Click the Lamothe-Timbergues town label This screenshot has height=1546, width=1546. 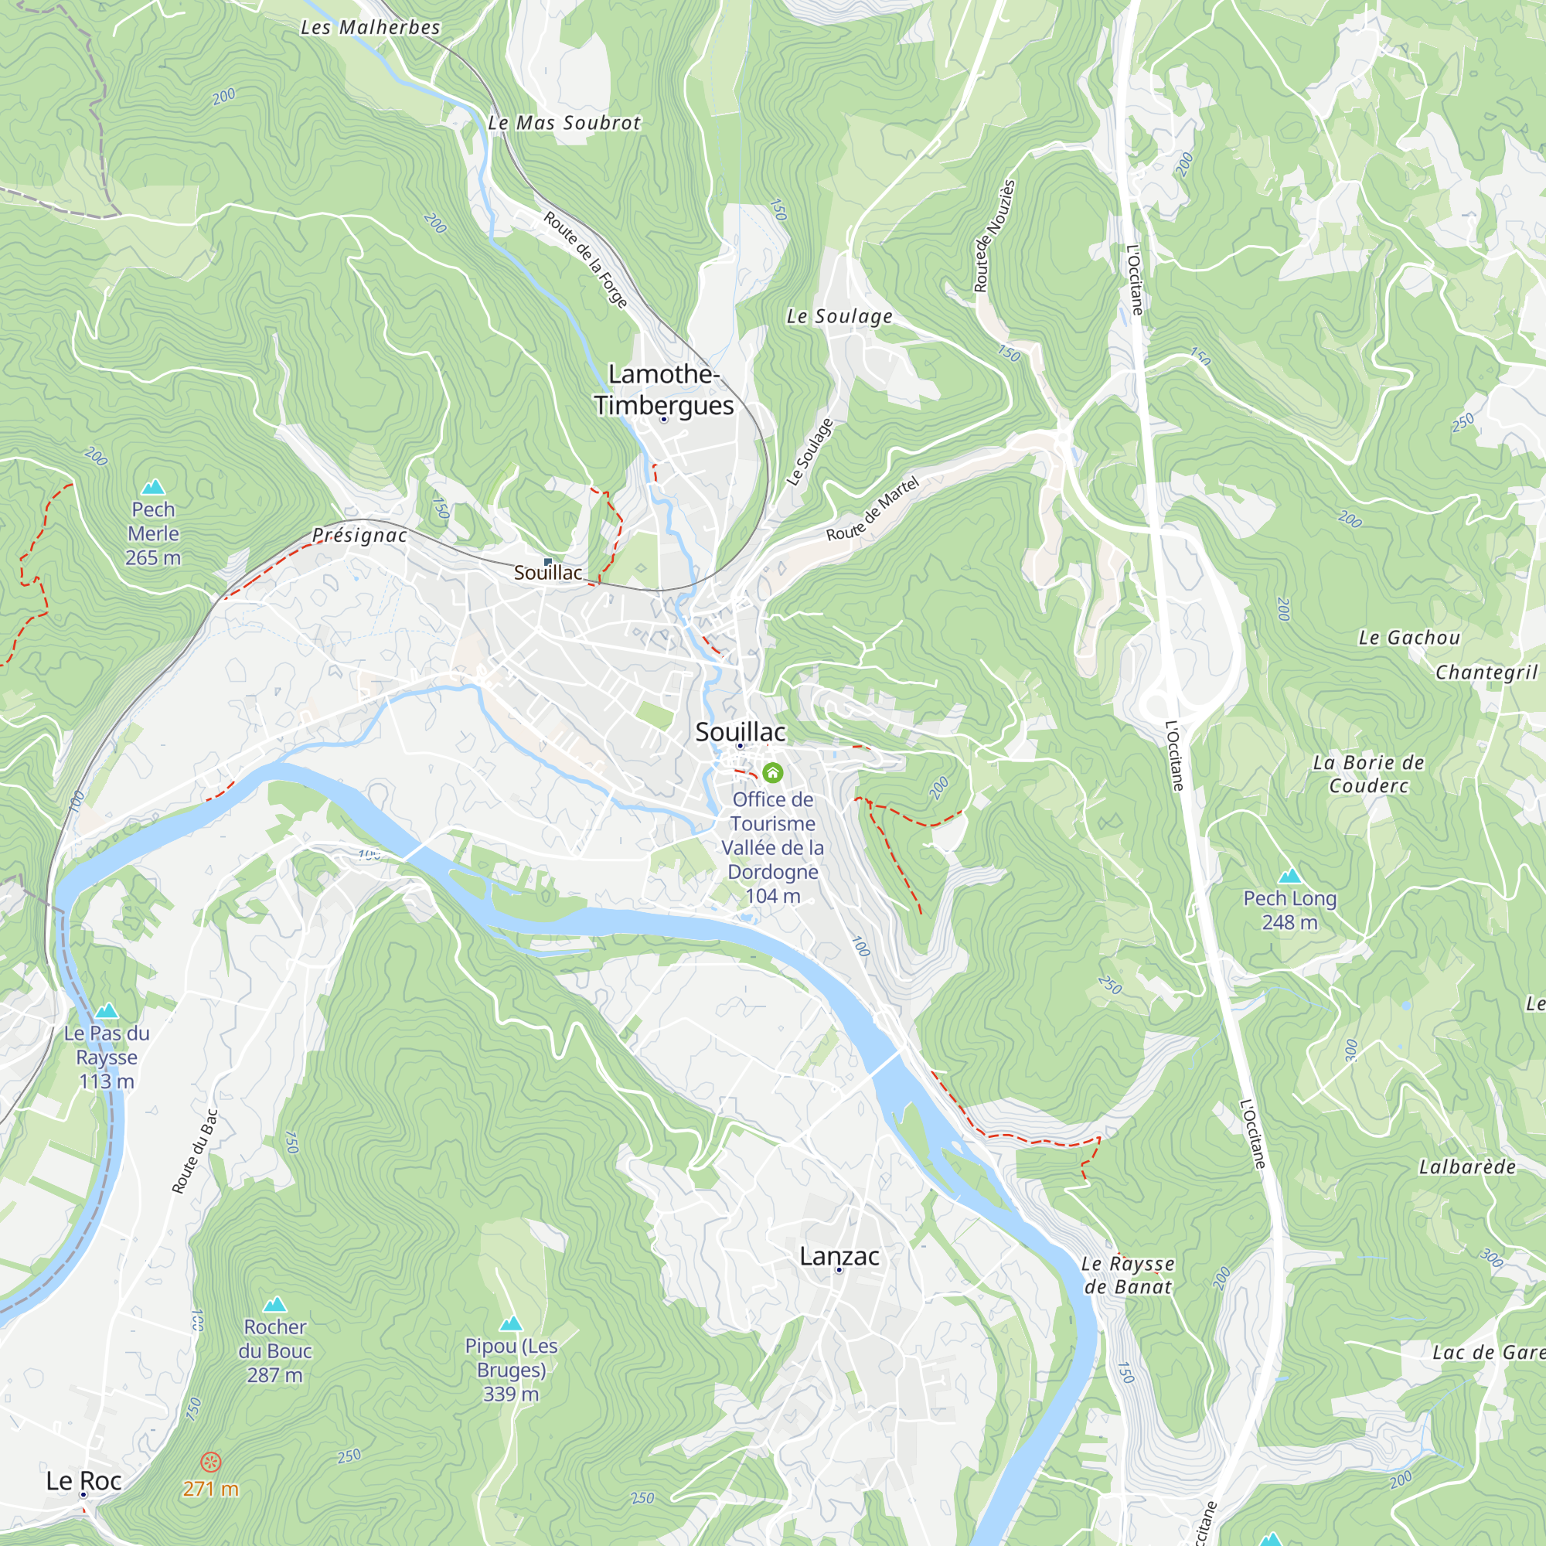pos(663,390)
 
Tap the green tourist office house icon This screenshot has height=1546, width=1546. pos(772,772)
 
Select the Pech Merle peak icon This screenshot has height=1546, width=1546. pos(153,486)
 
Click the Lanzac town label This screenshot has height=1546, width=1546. pos(839,1256)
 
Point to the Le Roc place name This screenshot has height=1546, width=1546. pos(83,1480)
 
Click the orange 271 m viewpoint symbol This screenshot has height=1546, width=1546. pos(210,1462)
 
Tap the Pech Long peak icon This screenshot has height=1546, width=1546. pos(1289,876)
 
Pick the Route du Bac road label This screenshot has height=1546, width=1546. pos(195,1152)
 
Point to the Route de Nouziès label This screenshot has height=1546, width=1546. pos(994,235)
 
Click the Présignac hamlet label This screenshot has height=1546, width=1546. pos(359,535)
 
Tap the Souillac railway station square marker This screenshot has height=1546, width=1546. pos(548,562)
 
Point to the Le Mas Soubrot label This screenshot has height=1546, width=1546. pos(564,123)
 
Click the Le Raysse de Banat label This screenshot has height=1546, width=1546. pos(1128,1275)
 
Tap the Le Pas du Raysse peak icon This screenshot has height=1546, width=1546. pos(107,1010)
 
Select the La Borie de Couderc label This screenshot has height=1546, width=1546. pos(1368,774)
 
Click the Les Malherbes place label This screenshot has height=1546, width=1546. pos(370,28)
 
